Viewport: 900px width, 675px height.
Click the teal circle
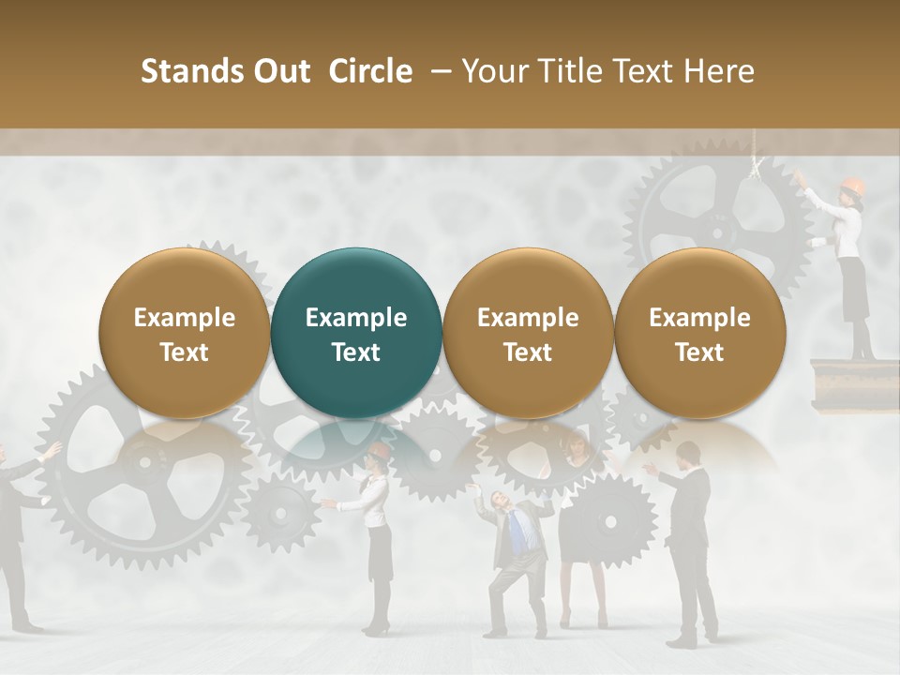(x=355, y=333)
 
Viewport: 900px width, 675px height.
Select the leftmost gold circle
(x=184, y=333)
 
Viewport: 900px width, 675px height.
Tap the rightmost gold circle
(x=699, y=333)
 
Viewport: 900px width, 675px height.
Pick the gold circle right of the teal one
(x=528, y=333)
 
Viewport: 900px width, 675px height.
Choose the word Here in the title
(x=720, y=71)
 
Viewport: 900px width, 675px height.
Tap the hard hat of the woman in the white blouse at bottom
(x=379, y=452)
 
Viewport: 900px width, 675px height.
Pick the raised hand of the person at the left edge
(x=52, y=452)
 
